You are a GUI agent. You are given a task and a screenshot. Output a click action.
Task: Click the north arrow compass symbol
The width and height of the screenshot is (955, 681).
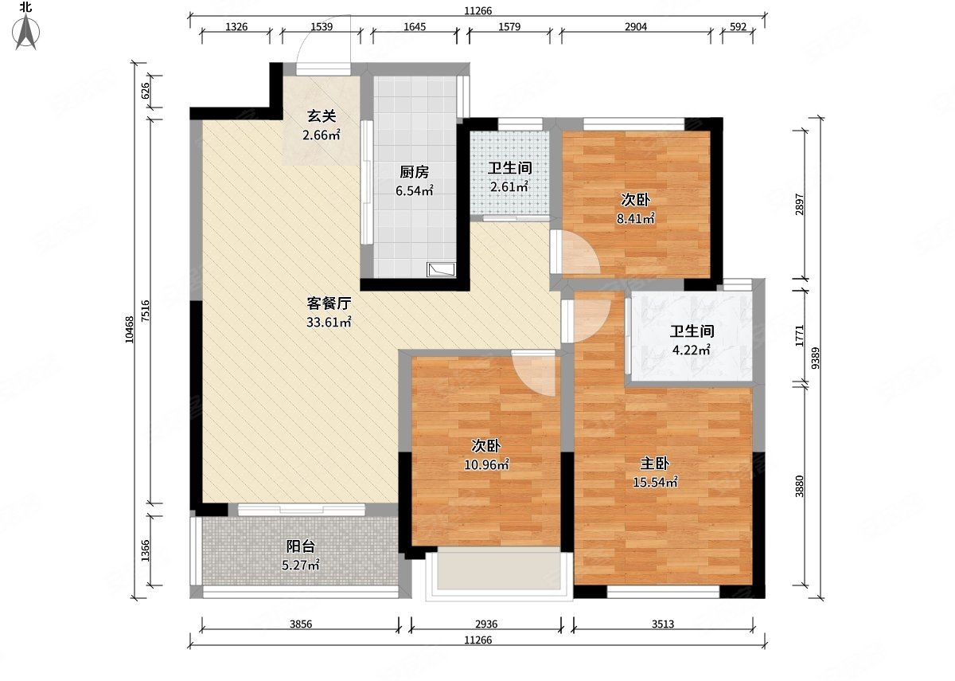click(x=26, y=31)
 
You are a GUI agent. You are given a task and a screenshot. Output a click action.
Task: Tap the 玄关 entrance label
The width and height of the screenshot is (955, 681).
click(x=322, y=116)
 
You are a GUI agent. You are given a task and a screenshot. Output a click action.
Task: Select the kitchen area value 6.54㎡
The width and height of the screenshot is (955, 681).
click(x=415, y=190)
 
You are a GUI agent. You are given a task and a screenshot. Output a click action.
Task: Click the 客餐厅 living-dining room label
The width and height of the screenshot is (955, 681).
click(x=329, y=303)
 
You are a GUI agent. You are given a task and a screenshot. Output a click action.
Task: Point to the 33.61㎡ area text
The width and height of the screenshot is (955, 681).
click(x=329, y=322)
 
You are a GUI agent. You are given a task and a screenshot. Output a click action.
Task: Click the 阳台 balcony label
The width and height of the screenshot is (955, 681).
click(x=301, y=546)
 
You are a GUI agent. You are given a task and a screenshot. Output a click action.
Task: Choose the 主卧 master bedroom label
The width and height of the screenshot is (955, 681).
click(x=655, y=464)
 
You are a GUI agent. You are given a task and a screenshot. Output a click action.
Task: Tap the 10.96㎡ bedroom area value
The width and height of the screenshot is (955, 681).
click(x=486, y=464)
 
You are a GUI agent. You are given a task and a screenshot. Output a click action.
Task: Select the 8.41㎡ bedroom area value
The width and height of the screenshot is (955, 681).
click(x=636, y=219)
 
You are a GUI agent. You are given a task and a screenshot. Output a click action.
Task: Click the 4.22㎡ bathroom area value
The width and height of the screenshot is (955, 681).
click(x=692, y=350)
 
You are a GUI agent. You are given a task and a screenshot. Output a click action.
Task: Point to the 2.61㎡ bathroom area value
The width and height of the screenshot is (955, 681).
click(x=509, y=187)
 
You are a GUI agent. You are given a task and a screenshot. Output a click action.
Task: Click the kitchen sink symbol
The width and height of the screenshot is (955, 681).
click(x=441, y=270)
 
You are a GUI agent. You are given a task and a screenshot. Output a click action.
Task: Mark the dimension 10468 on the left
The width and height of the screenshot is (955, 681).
click(x=129, y=330)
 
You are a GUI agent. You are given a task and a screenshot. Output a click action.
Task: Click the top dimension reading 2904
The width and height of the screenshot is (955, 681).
click(x=636, y=27)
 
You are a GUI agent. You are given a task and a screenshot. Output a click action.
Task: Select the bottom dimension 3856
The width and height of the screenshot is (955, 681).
click(x=301, y=624)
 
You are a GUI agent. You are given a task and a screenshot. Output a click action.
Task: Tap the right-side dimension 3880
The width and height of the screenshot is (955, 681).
click(x=799, y=487)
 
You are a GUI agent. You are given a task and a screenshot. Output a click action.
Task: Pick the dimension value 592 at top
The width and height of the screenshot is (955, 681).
click(x=738, y=27)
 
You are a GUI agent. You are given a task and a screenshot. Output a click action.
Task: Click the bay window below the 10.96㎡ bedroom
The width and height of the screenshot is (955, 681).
click(x=499, y=574)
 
